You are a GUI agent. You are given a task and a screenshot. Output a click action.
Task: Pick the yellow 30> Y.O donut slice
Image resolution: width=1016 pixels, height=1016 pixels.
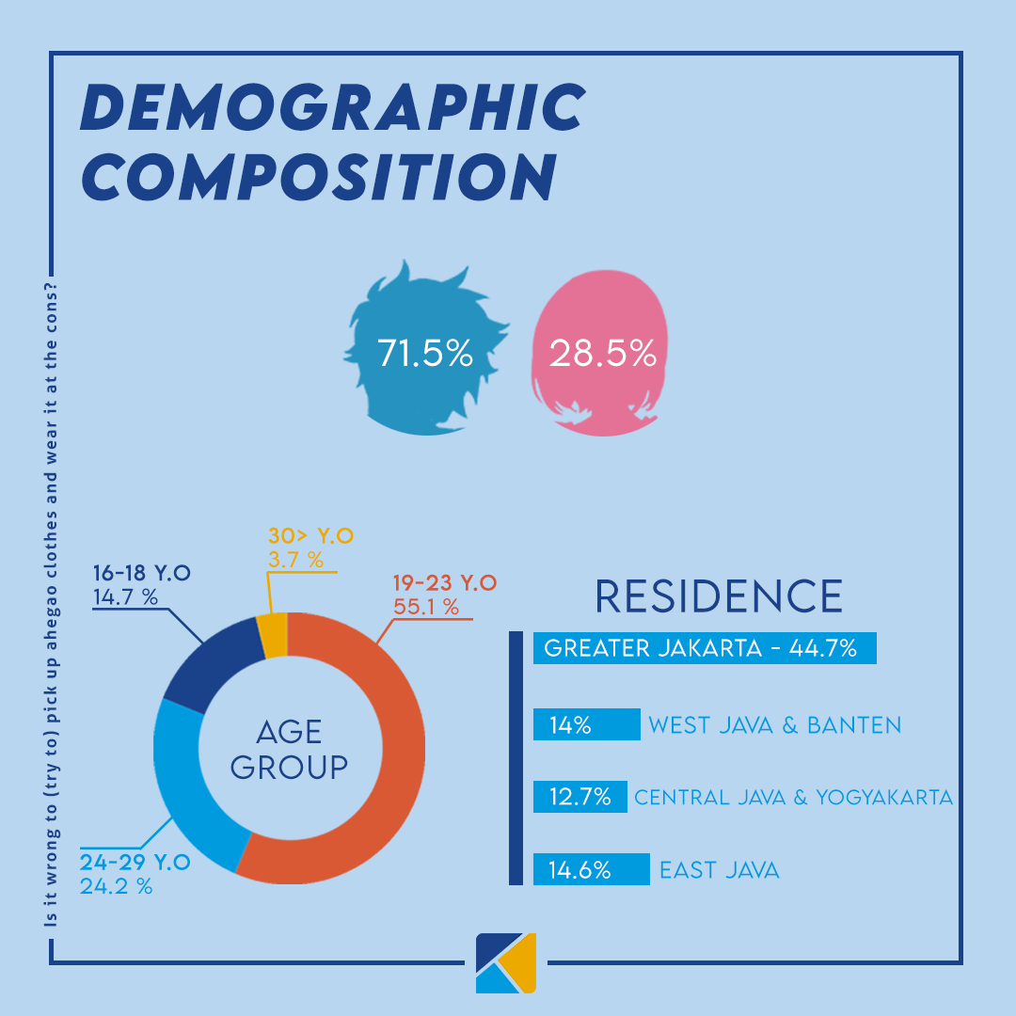273,636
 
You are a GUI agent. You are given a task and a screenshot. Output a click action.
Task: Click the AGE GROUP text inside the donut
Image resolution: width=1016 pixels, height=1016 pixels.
289,750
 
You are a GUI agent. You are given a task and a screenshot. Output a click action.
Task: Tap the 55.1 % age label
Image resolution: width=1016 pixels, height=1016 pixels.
426,608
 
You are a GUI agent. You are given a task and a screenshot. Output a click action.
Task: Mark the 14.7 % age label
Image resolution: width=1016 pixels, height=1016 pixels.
125,596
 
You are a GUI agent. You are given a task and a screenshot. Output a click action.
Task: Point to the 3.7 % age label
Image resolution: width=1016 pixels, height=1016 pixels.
295,561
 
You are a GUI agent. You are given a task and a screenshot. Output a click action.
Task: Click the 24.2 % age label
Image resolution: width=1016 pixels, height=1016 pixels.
116,885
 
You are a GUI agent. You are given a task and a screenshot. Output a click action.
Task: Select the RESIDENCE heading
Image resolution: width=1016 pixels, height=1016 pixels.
719,596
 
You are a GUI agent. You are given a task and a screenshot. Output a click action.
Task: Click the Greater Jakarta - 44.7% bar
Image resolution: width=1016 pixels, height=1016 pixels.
704,648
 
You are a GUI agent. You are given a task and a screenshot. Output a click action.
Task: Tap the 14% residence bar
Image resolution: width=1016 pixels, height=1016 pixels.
585,724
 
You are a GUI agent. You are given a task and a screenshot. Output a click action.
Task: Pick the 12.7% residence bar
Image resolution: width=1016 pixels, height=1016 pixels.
579,797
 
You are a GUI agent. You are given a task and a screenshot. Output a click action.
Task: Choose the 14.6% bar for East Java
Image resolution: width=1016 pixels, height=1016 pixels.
590,869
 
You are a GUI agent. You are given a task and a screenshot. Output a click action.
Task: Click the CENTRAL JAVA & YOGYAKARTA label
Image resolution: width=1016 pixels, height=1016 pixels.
793,798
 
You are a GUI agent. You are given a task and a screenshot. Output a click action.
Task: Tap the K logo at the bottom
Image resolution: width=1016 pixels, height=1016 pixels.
506,962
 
